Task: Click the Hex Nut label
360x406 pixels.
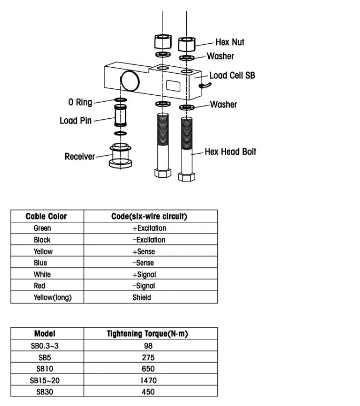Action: tap(230, 42)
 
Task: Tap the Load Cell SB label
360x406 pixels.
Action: tap(232, 75)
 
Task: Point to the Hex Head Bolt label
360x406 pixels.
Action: tap(230, 151)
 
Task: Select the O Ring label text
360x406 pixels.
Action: tap(80, 102)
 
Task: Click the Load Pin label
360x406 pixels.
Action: tap(75, 121)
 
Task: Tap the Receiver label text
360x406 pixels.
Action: tap(80, 157)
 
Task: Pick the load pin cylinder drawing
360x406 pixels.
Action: tap(120, 116)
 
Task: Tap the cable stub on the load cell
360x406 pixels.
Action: tap(205, 85)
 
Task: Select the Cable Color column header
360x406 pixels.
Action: tap(46, 216)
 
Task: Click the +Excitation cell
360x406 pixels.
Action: tap(149, 228)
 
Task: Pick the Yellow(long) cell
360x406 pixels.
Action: tap(52, 297)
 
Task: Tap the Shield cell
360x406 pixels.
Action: tap(142, 297)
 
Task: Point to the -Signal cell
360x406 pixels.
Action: tap(144, 285)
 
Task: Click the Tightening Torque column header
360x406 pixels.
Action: tap(148, 334)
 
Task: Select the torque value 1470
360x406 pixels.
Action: tap(149, 380)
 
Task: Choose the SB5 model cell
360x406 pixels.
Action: tap(45, 358)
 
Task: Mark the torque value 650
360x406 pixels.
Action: tap(148, 369)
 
